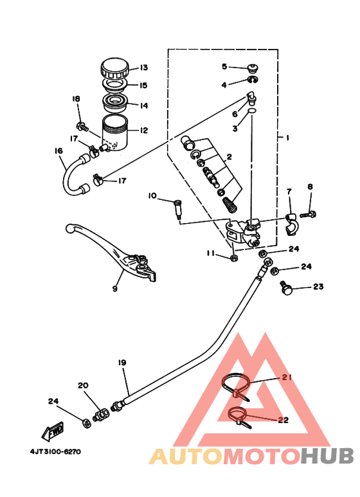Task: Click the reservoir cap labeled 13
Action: click(x=114, y=68)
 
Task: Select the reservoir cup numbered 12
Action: click(x=114, y=133)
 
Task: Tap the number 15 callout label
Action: click(x=143, y=86)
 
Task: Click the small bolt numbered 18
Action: click(x=82, y=127)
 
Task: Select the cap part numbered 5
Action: click(x=253, y=68)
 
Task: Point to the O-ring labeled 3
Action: click(x=252, y=111)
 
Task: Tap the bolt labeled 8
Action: click(x=308, y=215)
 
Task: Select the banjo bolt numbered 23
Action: click(x=285, y=288)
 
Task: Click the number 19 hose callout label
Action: click(x=122, y=362)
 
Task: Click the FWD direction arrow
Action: click(x=53, y=431)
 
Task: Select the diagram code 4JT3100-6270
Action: click(x=56, y=451)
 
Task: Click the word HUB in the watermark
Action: click(x=327, y=456)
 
